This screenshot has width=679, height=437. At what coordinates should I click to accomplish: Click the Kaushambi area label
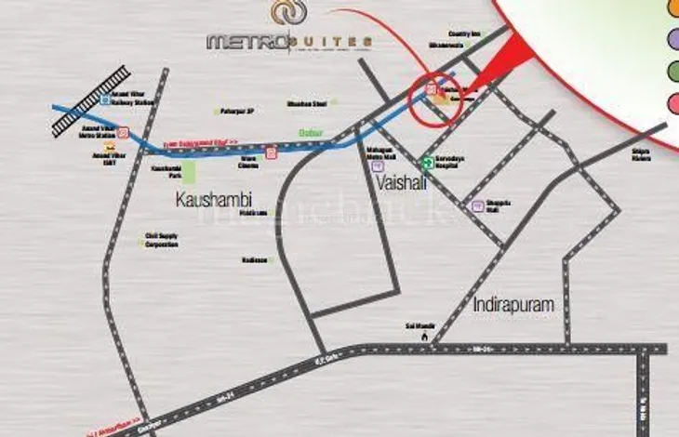[214, 198]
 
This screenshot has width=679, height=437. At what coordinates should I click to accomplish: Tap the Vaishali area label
[403, 183]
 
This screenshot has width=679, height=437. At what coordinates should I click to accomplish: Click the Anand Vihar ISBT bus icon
[110, 147]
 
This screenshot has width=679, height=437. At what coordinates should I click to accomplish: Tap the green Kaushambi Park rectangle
[189, 172]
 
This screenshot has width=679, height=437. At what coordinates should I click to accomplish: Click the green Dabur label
[310, 133]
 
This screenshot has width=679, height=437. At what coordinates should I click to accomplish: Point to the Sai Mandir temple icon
[423, 336]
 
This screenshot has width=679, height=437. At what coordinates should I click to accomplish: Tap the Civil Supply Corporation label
[160, 240]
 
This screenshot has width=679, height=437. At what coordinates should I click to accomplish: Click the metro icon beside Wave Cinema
[272, 152]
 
